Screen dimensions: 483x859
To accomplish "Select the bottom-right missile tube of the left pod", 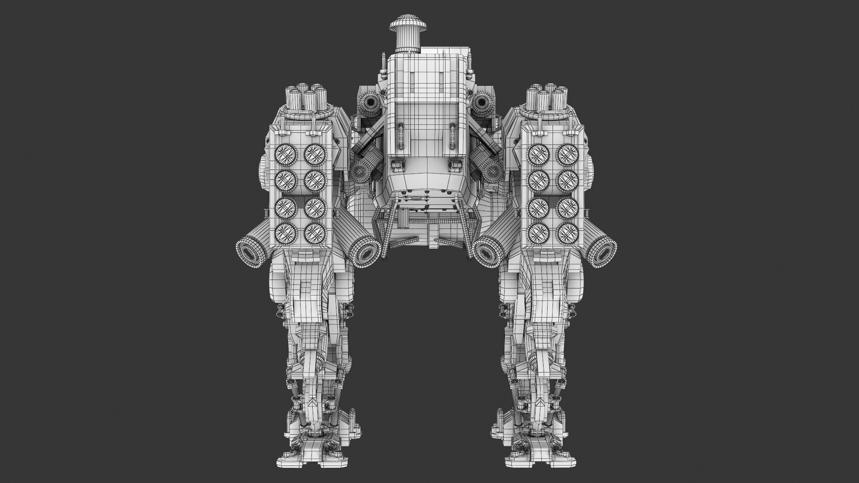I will tap(314, 232).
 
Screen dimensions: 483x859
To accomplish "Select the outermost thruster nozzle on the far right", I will tap(604, 250).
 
